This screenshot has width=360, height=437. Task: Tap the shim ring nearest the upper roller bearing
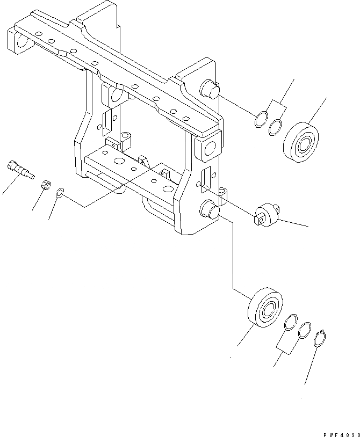coord(276,126)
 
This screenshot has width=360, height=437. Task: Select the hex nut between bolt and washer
coord(46,185)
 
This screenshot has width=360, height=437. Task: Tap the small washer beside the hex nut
coord(61,192)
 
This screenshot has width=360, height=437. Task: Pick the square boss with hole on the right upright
coord(208,148)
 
